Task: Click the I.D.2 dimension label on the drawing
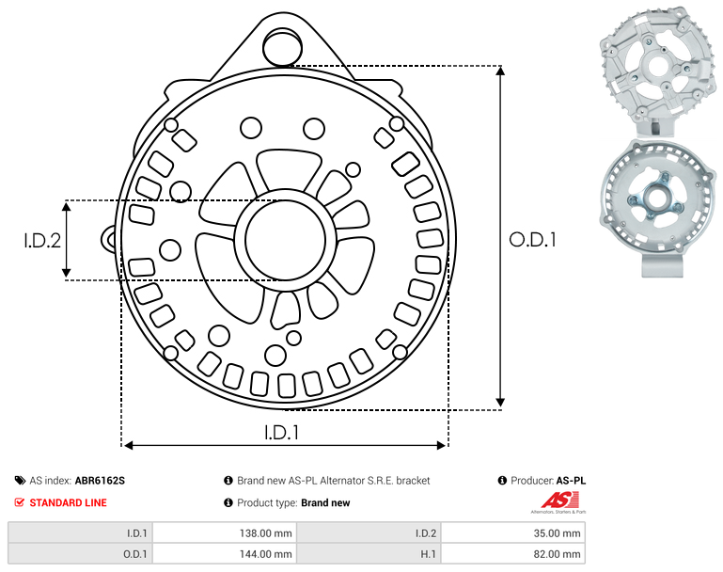coord(42,240)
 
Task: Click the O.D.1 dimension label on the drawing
coord(532,239)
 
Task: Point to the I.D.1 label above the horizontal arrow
coord(281,432)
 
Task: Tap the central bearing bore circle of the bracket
coord(285,240)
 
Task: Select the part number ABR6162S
coord(100,481)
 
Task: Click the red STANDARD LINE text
coord(69,502)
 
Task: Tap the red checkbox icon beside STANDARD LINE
coord(20,502)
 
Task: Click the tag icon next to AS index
coord(20,481)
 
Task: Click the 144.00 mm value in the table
coord(265,554)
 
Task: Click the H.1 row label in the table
coord(429,554)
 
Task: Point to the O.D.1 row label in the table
coord(135,554)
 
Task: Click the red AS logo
coord(559,500)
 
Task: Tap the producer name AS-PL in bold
coord(571,481)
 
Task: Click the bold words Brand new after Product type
coord(325,502)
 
